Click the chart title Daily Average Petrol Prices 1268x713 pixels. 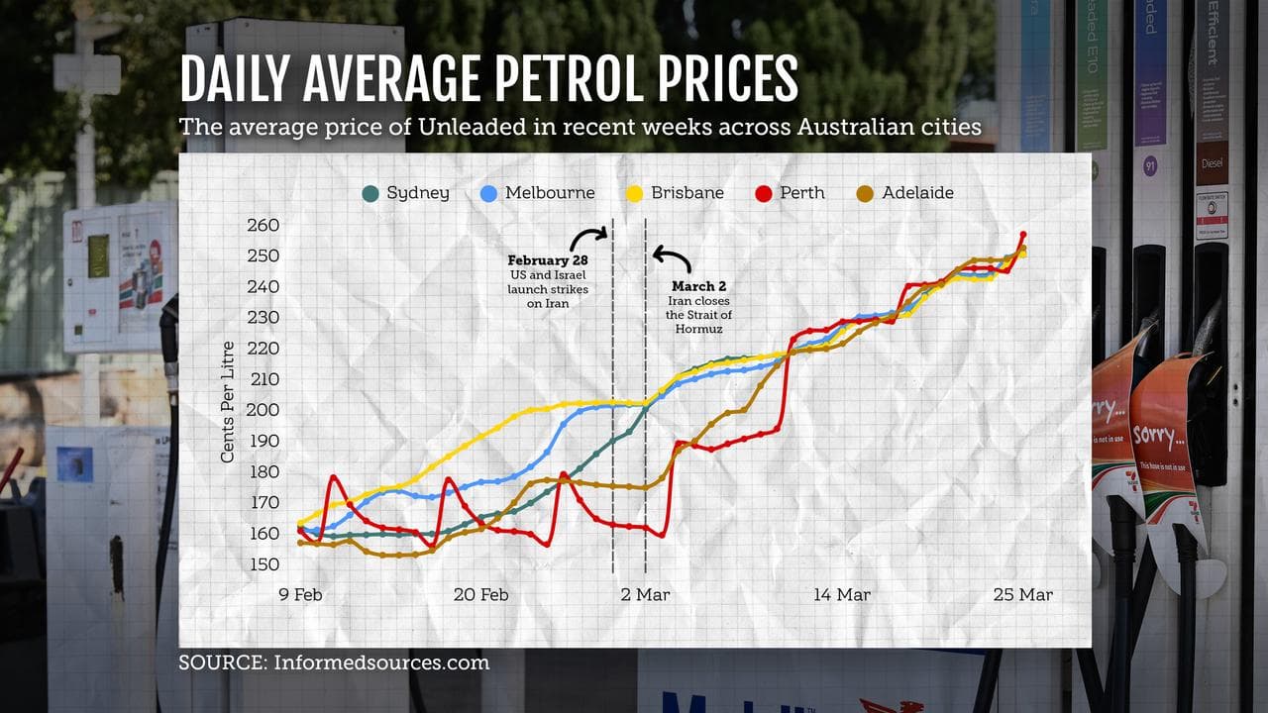click(488, 79)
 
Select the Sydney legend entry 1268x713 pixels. click(406, 193)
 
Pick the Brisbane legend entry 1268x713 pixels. click(676, 193)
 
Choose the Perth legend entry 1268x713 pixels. click(790, 193)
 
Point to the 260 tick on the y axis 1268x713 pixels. click(264, 225)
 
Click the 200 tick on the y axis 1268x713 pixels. click(264, 410)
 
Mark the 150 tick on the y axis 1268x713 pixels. click(264, 564)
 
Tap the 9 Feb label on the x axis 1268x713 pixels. click(300, 595)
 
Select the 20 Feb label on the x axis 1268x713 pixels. click(481, 595)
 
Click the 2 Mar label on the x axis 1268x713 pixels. click(645, 595)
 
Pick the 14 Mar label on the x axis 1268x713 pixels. click(842, 595)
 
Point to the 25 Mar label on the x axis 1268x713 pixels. click(1022, 595)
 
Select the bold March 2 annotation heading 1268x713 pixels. click(698, 286)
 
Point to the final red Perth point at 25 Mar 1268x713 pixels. click(1023, 235)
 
